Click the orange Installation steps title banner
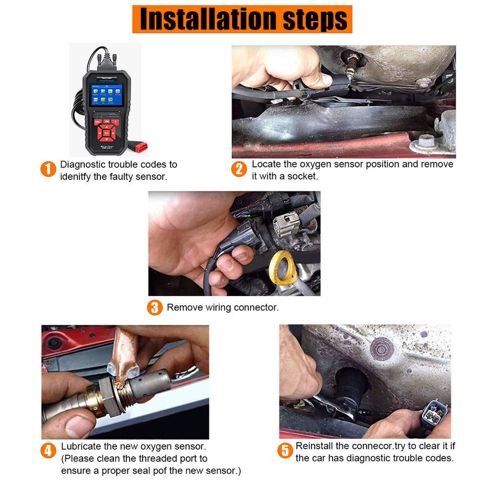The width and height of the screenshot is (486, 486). (x=242, y=19)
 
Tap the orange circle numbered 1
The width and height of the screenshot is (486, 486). (x=49, y=169)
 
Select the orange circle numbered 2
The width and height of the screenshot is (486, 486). (x=239, y=169)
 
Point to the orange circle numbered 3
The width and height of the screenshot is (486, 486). (x=154, y=307)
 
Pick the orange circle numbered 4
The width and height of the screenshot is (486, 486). (x=49, y=450)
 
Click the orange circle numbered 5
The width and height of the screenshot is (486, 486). (x=285, y=450)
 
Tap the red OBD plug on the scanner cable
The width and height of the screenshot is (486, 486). (x=140, y=146)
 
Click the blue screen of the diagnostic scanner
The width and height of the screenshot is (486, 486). (x=106, y=95)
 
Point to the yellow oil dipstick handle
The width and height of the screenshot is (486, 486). (x=282, y=267)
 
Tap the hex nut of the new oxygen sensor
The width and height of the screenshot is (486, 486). (x=110, y=397)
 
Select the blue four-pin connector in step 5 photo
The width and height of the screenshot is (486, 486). (x=435, y=413)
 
